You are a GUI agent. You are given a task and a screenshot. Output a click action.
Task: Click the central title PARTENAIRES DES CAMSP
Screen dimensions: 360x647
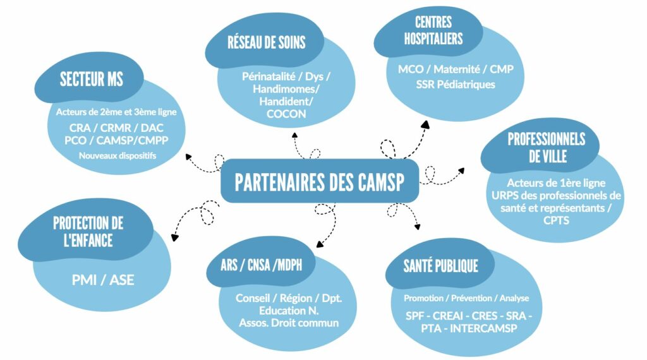tap(319, 181)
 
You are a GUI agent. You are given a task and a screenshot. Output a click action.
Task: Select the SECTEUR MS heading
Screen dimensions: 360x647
tap(92, 80)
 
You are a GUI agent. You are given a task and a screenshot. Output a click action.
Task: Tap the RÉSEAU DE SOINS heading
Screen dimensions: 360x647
tap(266, 43)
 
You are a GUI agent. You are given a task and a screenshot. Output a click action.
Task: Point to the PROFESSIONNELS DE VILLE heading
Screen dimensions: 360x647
tap(547, 147)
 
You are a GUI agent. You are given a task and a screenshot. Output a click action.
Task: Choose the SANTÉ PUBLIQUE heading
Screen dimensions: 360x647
tap(440, 266)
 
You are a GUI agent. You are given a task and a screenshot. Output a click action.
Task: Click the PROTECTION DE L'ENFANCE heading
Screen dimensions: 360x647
tap(88, 231)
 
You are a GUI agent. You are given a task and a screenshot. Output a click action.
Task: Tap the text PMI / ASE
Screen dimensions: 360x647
tap(103, 279)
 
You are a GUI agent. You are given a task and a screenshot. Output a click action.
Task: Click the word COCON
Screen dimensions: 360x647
tap(286, 114)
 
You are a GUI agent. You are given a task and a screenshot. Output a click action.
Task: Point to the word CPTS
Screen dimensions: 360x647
tap(557, 220)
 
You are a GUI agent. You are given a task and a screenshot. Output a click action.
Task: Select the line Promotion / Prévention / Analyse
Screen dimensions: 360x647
tap(466, 298)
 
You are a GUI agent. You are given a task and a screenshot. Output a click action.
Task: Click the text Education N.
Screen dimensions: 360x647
tap(289, 311)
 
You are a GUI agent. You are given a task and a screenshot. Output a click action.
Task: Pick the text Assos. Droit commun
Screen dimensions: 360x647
tap(289, 323)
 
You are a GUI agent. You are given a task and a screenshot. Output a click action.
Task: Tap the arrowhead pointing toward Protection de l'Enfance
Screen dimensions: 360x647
tap(174, 238)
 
